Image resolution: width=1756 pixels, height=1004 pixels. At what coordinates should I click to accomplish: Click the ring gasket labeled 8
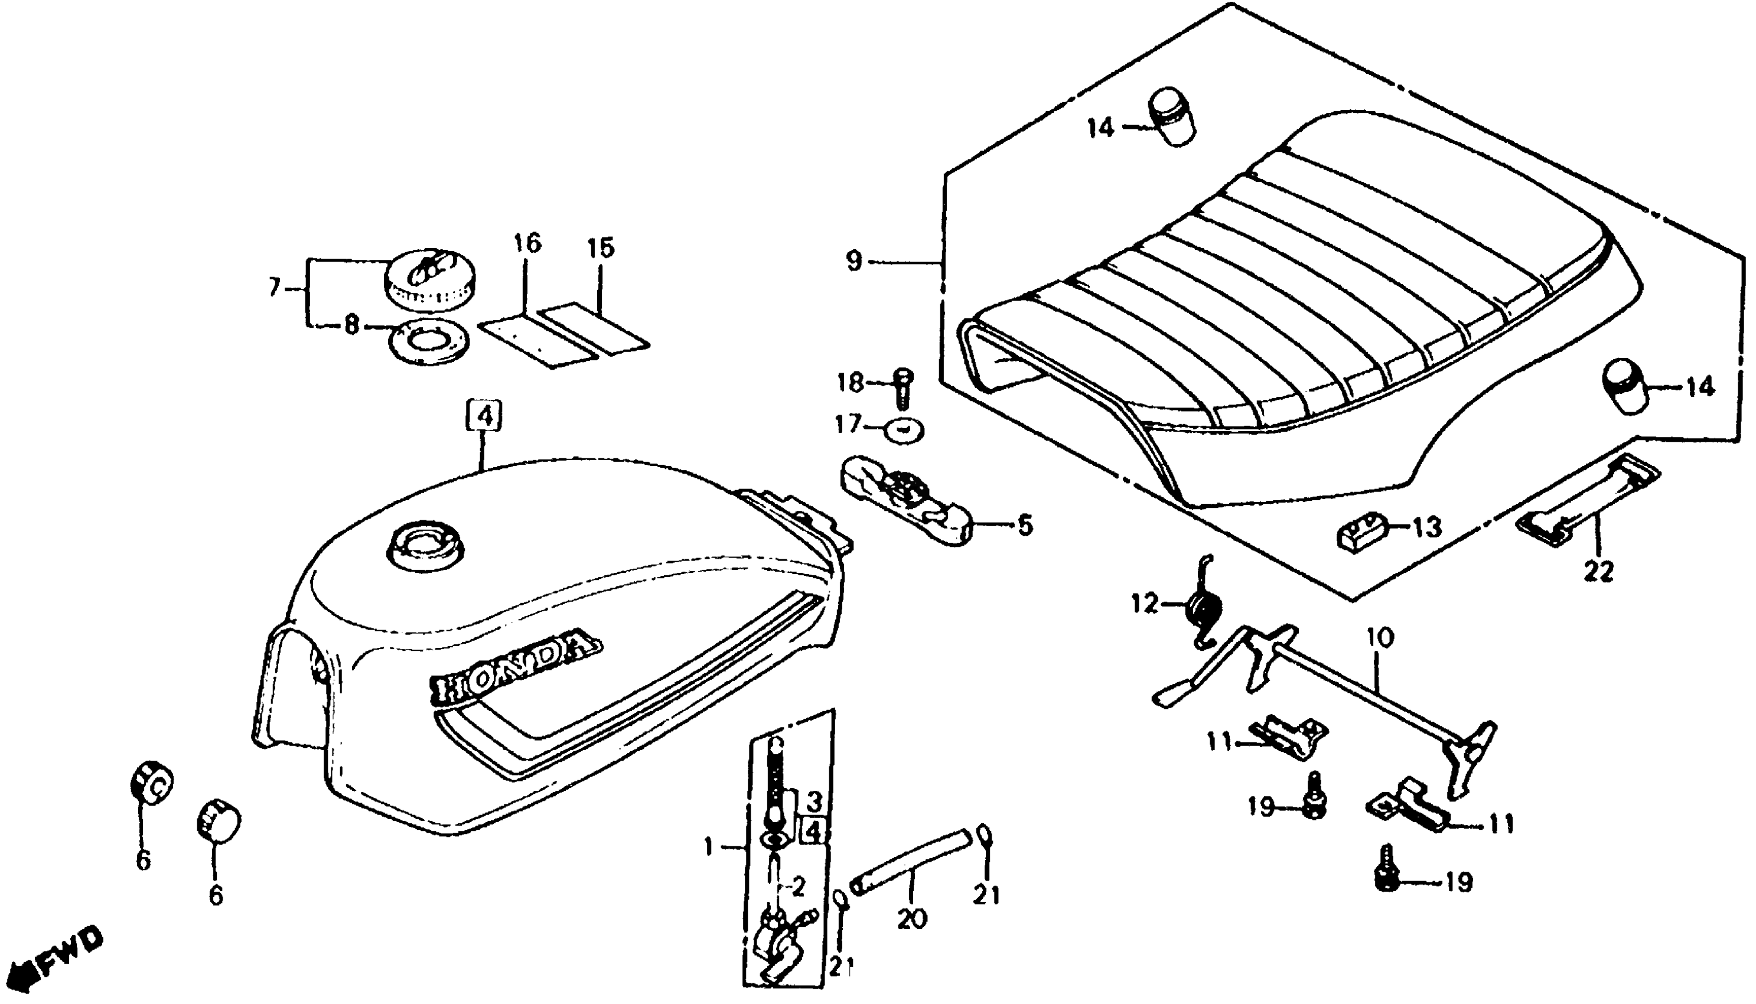(x=428, y=341)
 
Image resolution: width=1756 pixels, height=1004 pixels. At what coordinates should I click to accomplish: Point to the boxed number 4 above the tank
(x=486, y=415)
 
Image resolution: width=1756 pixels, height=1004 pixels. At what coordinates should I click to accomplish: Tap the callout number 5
(x=1025, y=526)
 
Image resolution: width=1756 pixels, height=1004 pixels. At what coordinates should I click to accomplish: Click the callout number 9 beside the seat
(x=854, y=262)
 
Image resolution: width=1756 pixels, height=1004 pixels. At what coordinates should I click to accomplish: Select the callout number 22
(x=1599, y=571)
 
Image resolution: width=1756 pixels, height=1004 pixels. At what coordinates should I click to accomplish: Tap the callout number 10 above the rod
(x=1379, y=637)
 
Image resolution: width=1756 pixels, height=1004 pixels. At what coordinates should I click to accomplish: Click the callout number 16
(x=527, y=244)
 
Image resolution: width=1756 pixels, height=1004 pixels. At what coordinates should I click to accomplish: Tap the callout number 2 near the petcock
(x=798, y=888)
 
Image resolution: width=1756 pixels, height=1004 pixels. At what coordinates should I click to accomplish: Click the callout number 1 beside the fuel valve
(x=708, y=847)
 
